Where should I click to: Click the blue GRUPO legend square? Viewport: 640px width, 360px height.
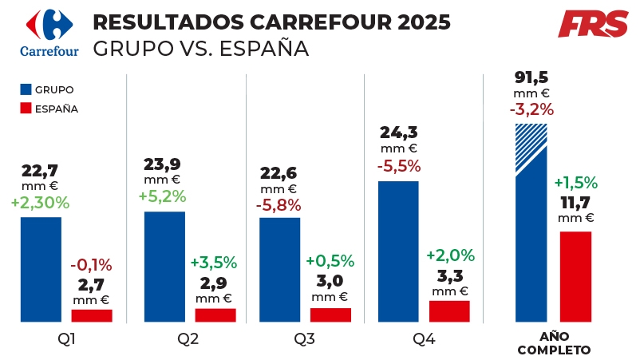tap(24, 89)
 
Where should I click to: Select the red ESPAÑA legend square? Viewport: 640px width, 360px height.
tap(24, 109)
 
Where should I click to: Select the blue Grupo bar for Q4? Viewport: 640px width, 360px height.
tap(398, 251)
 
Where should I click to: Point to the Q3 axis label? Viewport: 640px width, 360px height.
tap(304, 340)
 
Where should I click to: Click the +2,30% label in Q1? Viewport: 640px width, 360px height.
tap(41, 203)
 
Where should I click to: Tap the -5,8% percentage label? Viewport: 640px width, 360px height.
tap(279, 205)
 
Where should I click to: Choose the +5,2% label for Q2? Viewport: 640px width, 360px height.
tap(163, 196)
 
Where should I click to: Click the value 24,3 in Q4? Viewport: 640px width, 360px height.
tap(398, 132)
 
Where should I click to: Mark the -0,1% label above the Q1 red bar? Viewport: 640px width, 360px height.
tap(91, 265)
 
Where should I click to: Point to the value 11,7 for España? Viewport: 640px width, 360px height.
tap(576, 202)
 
